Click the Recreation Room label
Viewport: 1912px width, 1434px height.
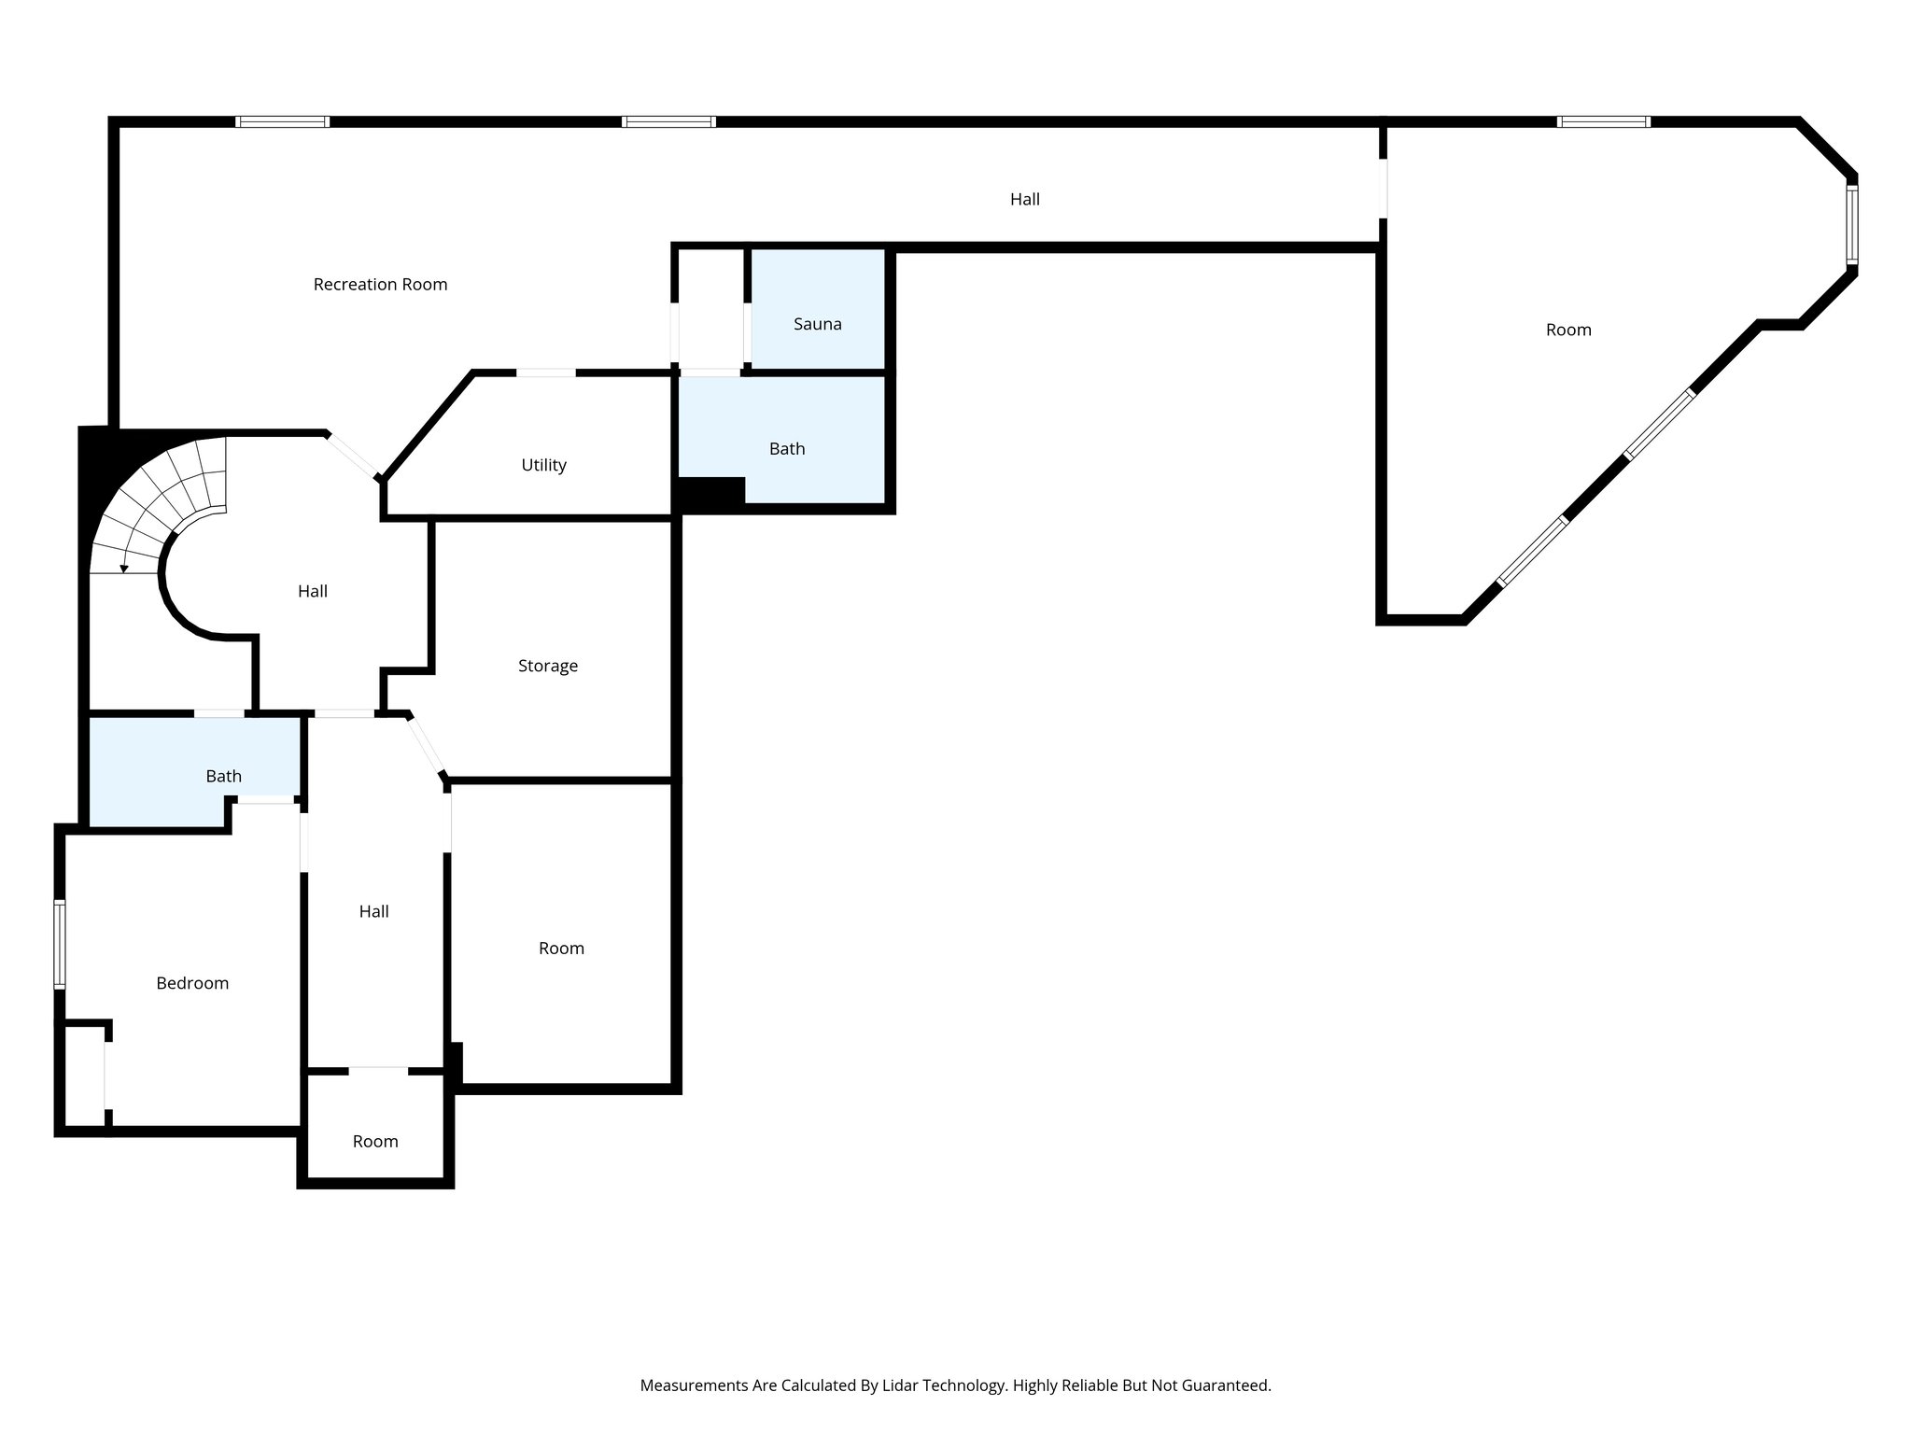pyautogui.click(x=380, y=285)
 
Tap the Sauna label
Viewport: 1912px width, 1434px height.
pyautogui.click(x=817, y=324)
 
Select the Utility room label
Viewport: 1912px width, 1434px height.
pyautogui.click(x=543, y=465)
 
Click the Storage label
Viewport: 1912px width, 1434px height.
pyautogui.click(x=547, y=666)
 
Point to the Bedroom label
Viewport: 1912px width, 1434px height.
pyautogui.click(x=192, y=983)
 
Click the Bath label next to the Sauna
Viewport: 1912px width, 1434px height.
pyautogui.click(x=786, y=449)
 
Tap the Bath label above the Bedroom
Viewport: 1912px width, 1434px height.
pyautogui.click(x=223, y=777)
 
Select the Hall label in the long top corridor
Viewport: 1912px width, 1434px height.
pyautogui.click(x=1024, y=199)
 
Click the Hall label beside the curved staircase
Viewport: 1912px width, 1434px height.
pyautogui.click(x=312, y=591)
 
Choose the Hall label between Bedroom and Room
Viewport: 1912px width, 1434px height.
pyautogui.click(x=373, y=911)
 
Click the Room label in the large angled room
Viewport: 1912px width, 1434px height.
pyautogui.click(x=1568, y=330)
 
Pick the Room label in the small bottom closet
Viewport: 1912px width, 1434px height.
pyautogui.click(x=375, y=1141)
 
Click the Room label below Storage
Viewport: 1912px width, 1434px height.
pyautogui.click(x=561, y=949)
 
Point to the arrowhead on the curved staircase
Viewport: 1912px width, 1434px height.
pyautogui.click(x=124, y=569)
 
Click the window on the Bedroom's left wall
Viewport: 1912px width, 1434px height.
pyautogui.click(x=60, y=943)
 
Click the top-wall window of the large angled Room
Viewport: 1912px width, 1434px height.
pyautogui.click(x=1603, y=121)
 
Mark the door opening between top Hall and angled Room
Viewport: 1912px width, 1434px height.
pyautogui.click(x=1383, y=189)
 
